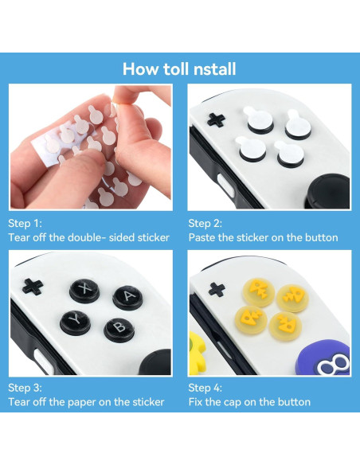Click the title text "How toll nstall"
point(179,68)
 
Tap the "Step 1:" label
point(25,224)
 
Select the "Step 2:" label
point(205,224)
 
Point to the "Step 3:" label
point(25,388)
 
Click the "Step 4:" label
point(205,388)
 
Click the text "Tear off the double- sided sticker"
point(88,238)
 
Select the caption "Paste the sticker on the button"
point(263,238)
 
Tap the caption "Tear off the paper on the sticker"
point(86,402)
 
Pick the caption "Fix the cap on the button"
point(249,402)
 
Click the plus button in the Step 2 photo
point(216,120)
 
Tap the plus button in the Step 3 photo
point(33,285)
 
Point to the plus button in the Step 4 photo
point(216,289)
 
